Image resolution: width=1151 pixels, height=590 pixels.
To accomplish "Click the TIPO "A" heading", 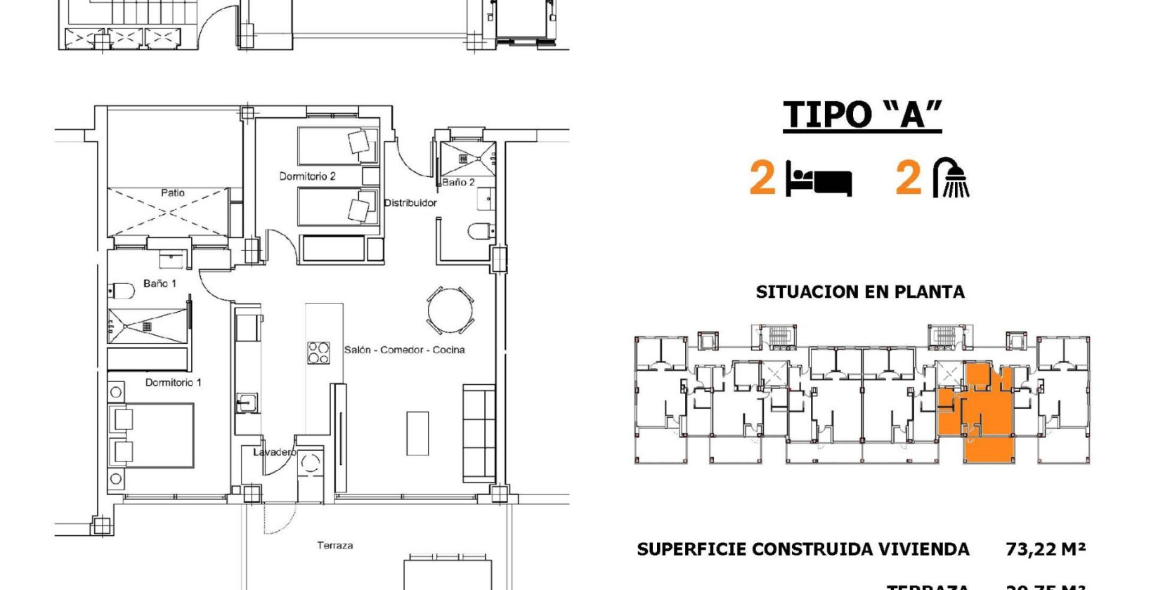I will [x=862, y=114].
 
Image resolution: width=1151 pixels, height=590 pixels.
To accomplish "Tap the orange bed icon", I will [x=819, y=179].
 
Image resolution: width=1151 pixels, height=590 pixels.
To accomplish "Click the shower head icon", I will [x=951, y=178].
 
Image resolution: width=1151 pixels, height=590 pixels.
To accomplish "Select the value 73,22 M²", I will [x=1046, y=549].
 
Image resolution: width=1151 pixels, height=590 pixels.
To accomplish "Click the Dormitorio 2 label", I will [x=307, y=176].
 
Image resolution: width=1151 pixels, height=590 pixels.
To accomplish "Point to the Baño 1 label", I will [x=160, y=284].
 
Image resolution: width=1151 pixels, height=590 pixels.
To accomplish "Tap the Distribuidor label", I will [x=410, y=203].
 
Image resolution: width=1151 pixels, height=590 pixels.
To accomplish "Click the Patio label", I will [x=173, y=192].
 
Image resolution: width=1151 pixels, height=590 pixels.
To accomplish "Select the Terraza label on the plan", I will [x=334, y=545].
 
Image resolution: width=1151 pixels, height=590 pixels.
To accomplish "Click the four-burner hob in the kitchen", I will [x=318, y=352].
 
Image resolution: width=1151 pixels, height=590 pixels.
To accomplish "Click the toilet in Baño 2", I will [x=481, y=231].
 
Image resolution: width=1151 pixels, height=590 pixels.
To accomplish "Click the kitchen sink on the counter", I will [x=246, y=403].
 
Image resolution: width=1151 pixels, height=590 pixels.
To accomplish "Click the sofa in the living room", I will [x=479, y=433].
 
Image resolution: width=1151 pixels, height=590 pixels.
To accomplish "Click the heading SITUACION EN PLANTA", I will [x=859, y=292].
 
